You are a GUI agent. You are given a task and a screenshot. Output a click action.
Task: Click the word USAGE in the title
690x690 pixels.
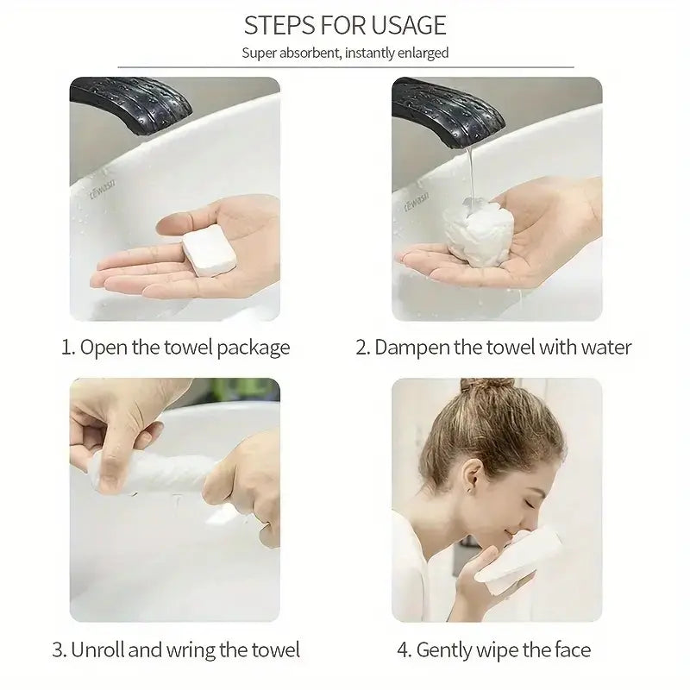tap(408, 26)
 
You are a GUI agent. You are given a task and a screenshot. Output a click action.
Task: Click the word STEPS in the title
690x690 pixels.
tap(279, 26)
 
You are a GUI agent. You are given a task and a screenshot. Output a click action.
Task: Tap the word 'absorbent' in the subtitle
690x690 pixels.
tap(310, 53)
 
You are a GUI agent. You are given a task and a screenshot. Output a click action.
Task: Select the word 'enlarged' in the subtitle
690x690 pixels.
tap(423, 53)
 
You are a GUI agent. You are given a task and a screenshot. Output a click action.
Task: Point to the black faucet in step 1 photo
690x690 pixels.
tap(131, 103)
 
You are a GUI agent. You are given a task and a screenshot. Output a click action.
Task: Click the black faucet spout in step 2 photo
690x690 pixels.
tap(448, 111)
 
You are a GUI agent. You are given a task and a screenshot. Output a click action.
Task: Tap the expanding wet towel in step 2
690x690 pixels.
tap(479, 231)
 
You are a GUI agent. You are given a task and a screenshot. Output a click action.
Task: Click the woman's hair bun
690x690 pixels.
tap(486, 386)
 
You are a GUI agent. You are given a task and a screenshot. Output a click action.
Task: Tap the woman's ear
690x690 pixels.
tap(472, 477)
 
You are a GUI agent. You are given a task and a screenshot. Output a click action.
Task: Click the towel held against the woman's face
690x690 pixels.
tap(517, 555)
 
